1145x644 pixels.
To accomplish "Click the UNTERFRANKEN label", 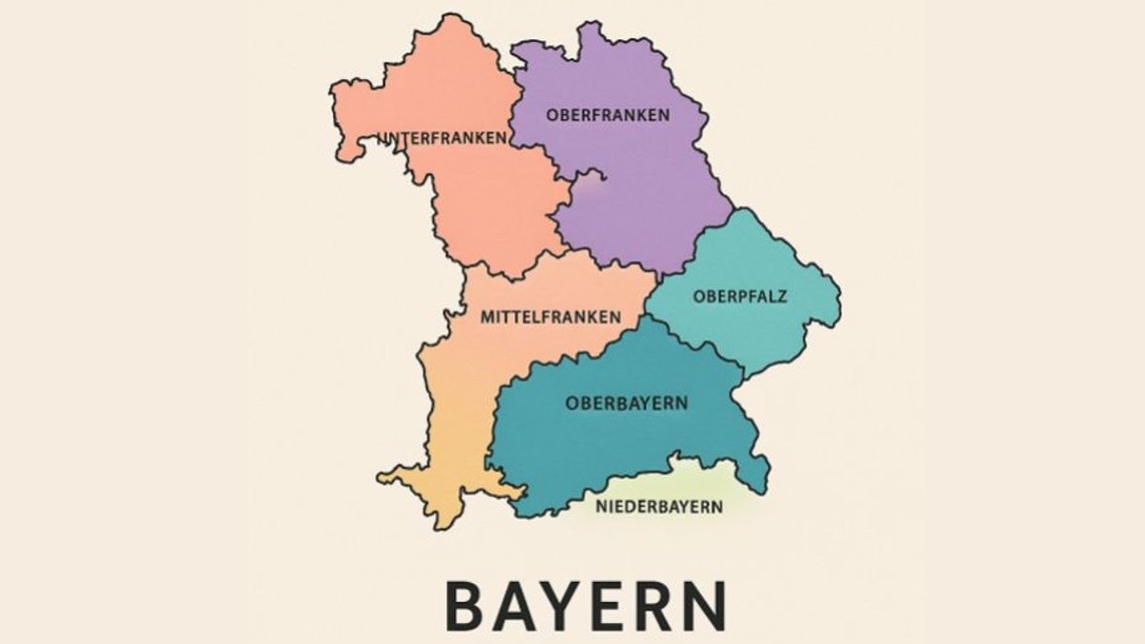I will coord(442,137).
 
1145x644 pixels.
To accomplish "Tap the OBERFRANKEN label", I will coord(608,114).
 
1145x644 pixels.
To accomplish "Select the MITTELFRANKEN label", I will coord(551,317).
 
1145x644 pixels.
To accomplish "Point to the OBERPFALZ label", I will coord(740,296).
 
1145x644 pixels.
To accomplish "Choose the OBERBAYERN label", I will coord(627,403).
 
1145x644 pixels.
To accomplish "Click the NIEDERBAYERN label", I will coord(659,507).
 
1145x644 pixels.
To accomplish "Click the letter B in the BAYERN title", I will coord(468,605).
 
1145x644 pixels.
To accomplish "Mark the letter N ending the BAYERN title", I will coord(708,605).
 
